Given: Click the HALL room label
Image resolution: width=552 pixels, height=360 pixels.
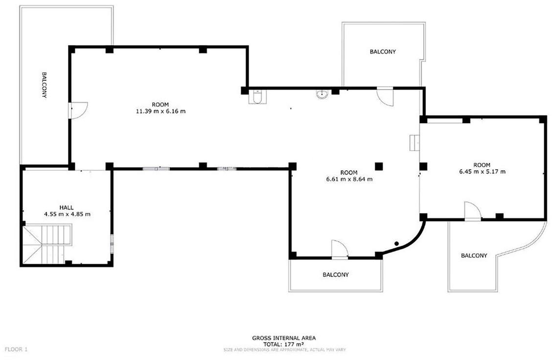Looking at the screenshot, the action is pos(67,207).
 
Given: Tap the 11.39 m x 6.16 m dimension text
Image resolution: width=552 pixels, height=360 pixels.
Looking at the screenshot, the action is pos(161,111).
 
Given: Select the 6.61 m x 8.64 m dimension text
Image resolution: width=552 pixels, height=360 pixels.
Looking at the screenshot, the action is pos(349,179).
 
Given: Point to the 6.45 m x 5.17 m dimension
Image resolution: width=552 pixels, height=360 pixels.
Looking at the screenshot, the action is pos(482,172).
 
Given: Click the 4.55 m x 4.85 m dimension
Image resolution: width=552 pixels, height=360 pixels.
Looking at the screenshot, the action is pos(67,214).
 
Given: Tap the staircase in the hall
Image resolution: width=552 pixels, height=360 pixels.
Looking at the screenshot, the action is pos(47,244).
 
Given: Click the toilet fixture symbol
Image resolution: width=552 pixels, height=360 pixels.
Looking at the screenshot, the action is pos(258,97).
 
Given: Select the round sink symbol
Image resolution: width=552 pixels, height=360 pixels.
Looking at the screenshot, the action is pos(322,94).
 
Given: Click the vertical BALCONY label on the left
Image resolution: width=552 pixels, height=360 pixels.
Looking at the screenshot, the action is pos(45,85).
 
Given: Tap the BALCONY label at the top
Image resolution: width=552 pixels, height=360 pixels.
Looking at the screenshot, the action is pos(383,52).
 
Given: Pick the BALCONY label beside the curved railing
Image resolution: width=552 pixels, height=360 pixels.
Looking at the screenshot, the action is pos(474,255).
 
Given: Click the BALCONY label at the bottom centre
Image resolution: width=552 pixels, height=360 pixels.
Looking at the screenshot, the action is pos(336,274).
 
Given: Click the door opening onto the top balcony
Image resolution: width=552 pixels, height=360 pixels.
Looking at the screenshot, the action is pos(385,96).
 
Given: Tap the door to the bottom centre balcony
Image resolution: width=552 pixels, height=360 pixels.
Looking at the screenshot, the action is pos(340,249).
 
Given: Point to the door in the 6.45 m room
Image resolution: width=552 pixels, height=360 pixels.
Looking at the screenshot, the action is pos(472,211).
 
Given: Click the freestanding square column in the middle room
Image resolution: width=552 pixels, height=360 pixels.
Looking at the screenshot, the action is pos(378,166).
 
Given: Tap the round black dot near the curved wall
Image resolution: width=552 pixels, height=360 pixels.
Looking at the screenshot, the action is pos(396,244).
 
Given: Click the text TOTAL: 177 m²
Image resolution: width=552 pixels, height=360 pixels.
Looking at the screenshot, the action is pos(284,344).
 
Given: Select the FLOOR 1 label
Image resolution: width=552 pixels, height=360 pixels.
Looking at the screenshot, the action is pos(16,349).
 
